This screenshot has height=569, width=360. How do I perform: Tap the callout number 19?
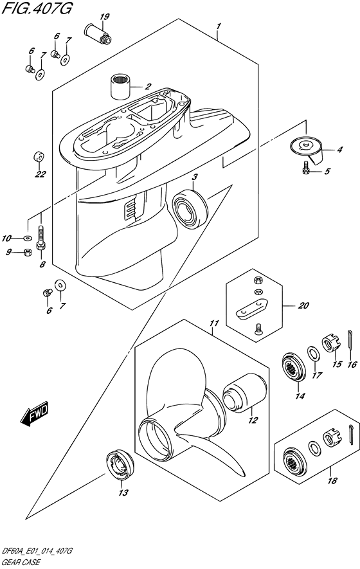tap(105, 16)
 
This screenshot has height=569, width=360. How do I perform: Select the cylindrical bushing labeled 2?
tap(120, 86)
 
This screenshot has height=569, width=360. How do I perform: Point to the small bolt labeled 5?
tap(305, 168)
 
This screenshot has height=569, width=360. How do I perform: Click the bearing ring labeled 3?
tap(190, 208)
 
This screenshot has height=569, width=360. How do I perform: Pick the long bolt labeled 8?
tap(41, 238)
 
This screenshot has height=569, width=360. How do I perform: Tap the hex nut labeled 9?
tap(26, 252)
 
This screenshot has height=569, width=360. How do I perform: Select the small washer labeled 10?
tap(27, 239)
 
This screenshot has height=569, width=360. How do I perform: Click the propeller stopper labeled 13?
tap(120, 465)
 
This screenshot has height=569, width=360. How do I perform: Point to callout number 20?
tap(303, 305)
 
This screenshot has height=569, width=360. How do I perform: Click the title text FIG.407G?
tap(37, 8)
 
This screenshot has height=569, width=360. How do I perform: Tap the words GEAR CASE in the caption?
tap(21, 563)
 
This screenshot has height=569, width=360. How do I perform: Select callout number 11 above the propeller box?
tap(215, 323)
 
